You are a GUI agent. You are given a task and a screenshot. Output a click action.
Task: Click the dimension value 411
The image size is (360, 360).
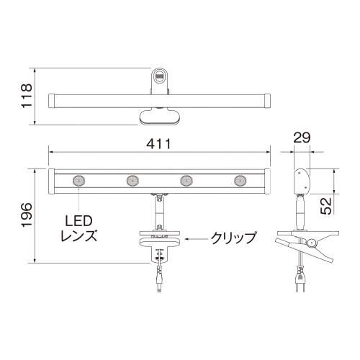158,143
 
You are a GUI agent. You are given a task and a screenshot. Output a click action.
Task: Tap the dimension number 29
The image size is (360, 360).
301,138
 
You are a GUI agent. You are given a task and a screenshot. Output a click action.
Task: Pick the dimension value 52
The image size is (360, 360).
325,206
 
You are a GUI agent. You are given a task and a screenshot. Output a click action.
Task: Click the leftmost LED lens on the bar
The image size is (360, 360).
76,181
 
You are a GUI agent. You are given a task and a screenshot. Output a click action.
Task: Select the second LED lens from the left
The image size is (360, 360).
132,181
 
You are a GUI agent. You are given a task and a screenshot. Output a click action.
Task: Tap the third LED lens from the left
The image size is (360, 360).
186,181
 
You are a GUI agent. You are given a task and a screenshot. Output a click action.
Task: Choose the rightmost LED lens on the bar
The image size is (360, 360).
240,181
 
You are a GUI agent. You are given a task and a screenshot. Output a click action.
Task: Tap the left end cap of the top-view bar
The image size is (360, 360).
51,98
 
